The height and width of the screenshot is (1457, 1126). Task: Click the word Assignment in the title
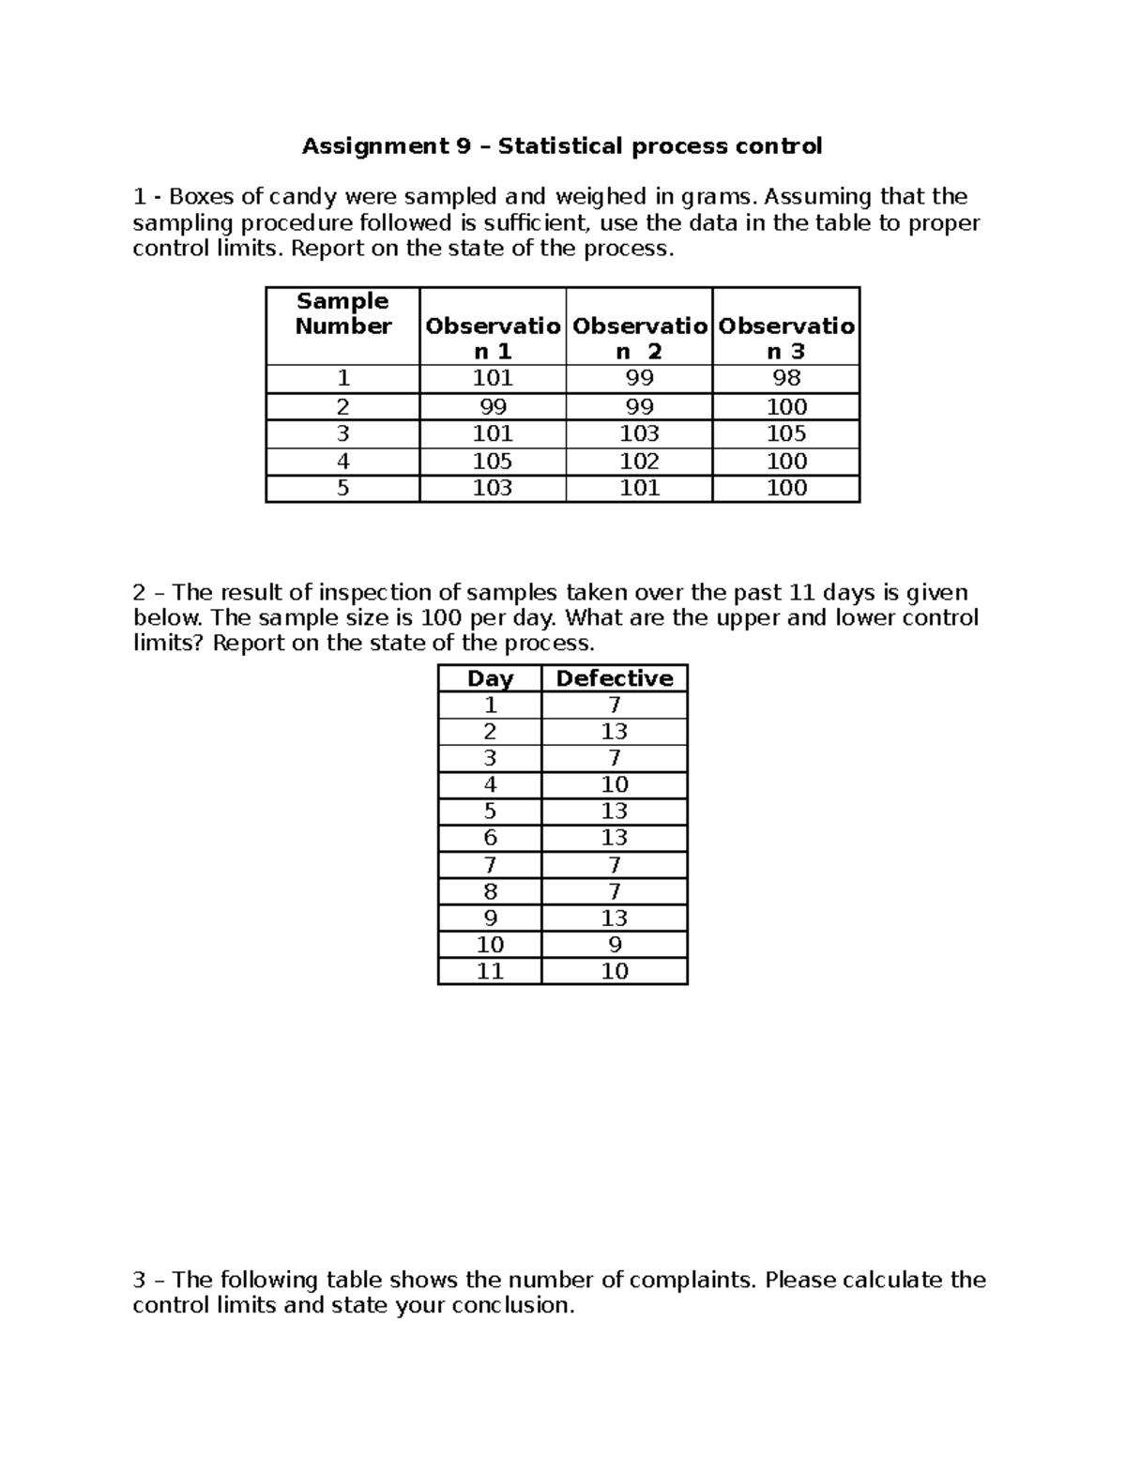click(x=370, y=146)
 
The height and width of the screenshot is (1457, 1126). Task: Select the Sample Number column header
click(x=342, y=314)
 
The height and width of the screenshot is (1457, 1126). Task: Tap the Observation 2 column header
click(x=639, y=339)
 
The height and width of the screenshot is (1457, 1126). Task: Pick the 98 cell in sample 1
click(x=786, y=378)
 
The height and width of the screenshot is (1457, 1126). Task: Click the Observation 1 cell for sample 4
click(x=493, y=461)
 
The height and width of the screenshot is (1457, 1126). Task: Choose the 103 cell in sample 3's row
click(x=639, y=433)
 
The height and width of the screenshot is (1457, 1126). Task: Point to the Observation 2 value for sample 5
click(x=639, y=488)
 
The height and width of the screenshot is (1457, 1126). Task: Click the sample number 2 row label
click(x=342, y=407)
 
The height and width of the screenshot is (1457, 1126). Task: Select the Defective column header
click(x=615, y=678)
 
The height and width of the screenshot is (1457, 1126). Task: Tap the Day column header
click(x=490, y=678)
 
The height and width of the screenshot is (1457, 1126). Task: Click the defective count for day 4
click(x=615, y=784)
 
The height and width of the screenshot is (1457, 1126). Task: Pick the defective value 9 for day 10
click(x=615, y=945)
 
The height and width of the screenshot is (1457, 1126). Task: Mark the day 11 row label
click(x=490, y=971)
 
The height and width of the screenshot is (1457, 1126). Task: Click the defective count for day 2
click(x=615, y=732)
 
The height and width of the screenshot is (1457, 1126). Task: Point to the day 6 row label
click(x=490, y=838)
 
